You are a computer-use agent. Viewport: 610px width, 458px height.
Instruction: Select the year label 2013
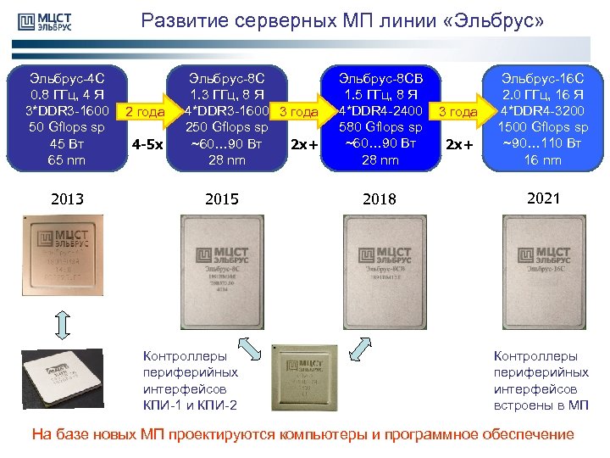pos(67,199)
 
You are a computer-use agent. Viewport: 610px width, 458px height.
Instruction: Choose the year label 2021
pos(542,198)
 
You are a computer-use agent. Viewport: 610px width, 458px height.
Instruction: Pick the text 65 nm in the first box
pos(67,159)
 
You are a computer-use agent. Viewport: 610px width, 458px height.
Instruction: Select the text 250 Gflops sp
pos(226,127)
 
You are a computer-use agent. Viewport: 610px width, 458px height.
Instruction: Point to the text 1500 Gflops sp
pos(542,127)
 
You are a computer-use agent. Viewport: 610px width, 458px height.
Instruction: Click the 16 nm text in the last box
pos(542,159)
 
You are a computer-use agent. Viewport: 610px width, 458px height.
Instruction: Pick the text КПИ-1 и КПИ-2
pos(191,405)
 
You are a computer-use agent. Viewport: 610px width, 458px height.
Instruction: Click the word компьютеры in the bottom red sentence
pos(322,435)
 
